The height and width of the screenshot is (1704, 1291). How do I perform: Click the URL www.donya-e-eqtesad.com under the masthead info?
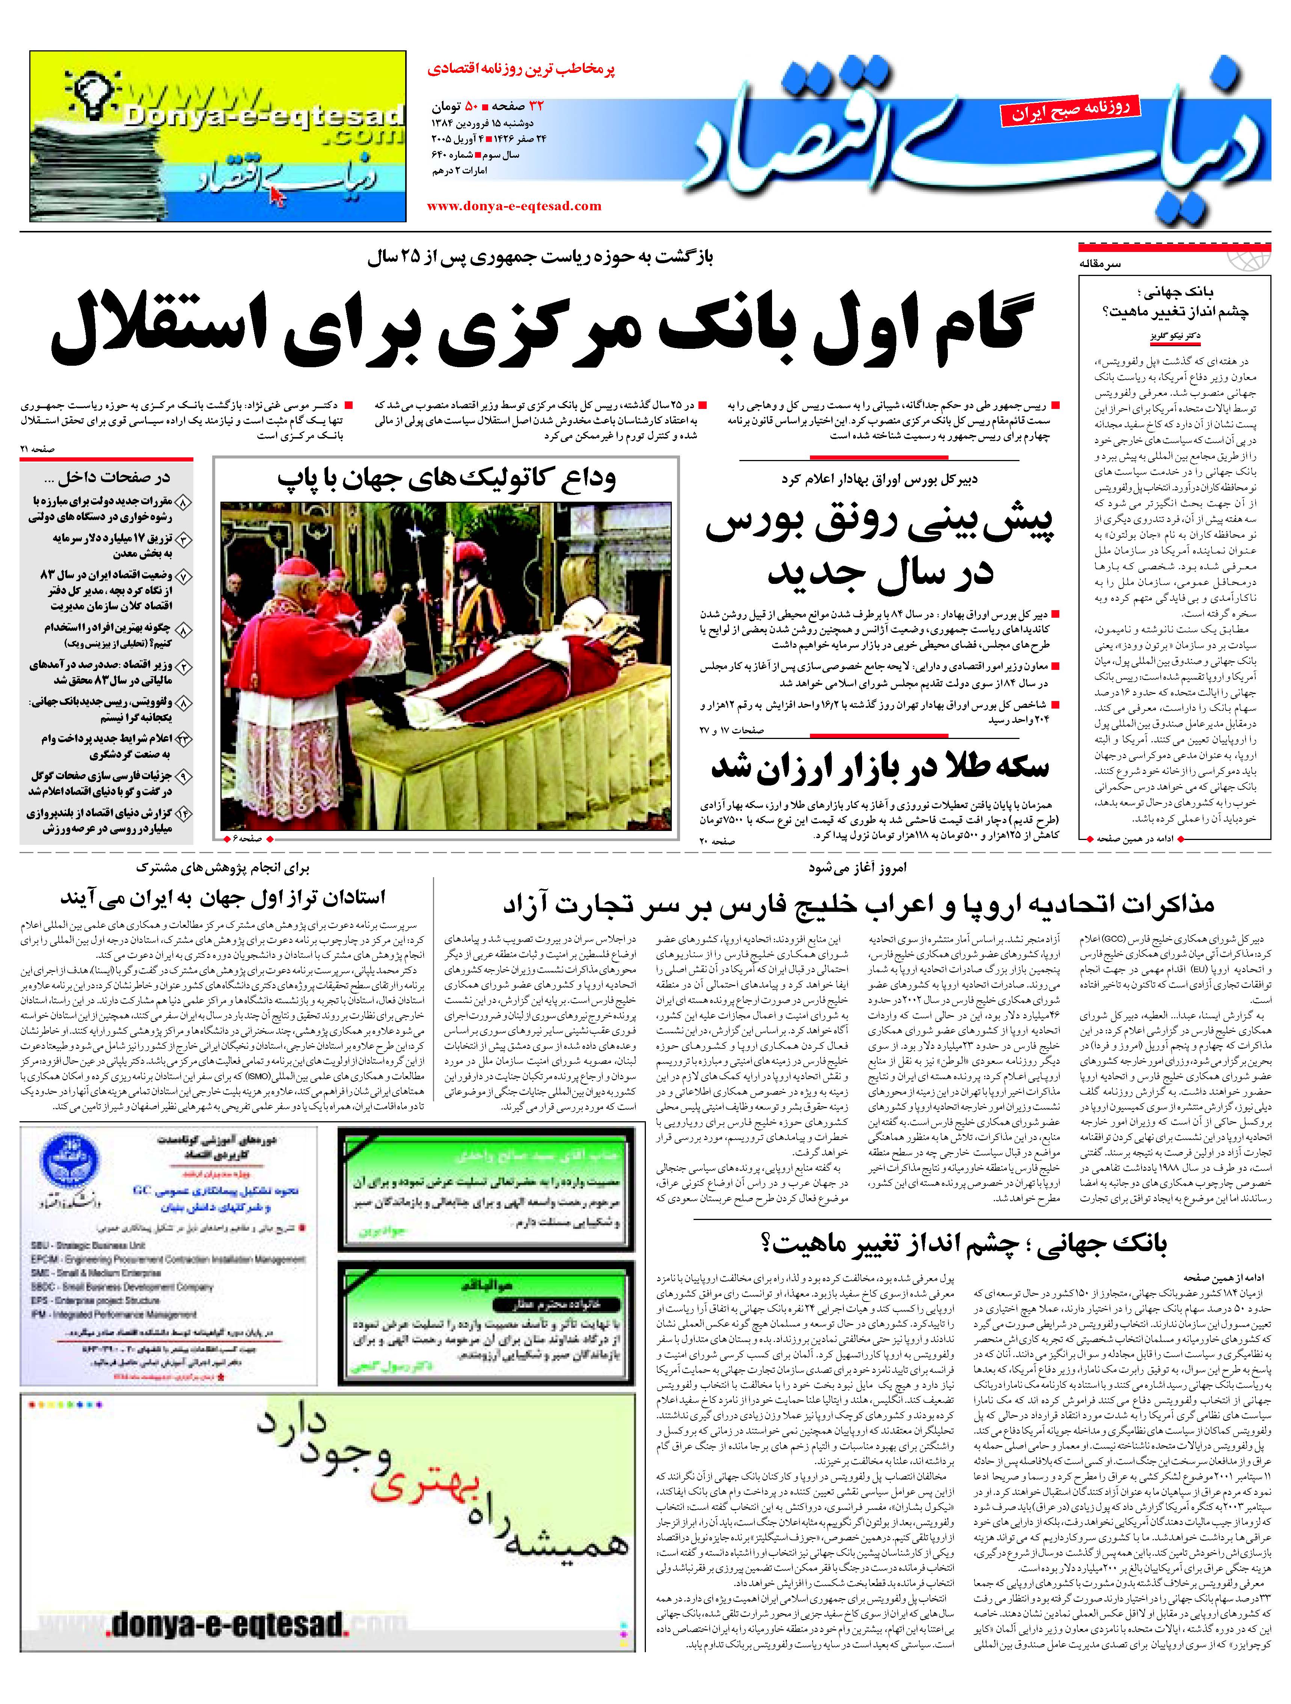(514, 206)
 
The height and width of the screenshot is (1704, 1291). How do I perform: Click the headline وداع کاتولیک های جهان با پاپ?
(447, 478)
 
